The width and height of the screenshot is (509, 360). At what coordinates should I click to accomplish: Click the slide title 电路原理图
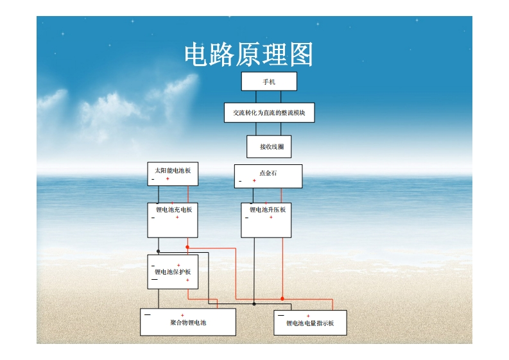pos(248,54)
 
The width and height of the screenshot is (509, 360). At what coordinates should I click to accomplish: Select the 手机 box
pos(269,81)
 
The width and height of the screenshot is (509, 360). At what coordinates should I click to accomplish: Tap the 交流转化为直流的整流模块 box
pos(269,113)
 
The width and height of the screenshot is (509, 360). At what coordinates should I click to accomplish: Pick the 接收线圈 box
pos(269,147)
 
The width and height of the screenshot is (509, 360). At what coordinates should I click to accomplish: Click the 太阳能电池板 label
pos(173,171)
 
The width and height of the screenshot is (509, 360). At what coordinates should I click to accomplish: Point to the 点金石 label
pos(268,173)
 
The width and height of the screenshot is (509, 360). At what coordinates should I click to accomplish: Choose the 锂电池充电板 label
pos(174,210)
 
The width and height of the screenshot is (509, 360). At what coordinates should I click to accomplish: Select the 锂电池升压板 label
pos(268,210)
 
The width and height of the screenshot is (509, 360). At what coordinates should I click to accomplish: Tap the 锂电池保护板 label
pos(173,271)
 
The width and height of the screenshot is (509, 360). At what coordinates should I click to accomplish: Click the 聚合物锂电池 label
pos(188,322)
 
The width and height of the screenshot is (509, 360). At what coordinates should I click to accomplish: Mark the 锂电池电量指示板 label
pos(310,323)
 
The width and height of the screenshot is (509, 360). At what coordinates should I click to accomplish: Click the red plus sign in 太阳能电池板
pos(168,178)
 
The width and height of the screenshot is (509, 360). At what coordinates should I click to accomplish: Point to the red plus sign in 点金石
pos(254,180)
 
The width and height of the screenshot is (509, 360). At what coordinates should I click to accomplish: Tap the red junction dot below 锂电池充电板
pos(187,247)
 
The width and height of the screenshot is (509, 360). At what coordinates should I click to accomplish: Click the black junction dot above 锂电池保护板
pos(158,252)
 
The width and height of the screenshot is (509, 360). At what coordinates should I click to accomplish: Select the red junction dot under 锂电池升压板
pos(282,298)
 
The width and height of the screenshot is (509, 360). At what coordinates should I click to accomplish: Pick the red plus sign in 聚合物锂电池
pos(182,315)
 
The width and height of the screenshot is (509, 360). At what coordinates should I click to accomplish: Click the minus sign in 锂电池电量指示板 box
pos(281,315)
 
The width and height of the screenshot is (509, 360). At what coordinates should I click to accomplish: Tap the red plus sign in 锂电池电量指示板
pos(308,316)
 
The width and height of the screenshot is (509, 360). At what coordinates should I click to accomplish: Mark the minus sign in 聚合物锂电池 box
pos(148,314)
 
